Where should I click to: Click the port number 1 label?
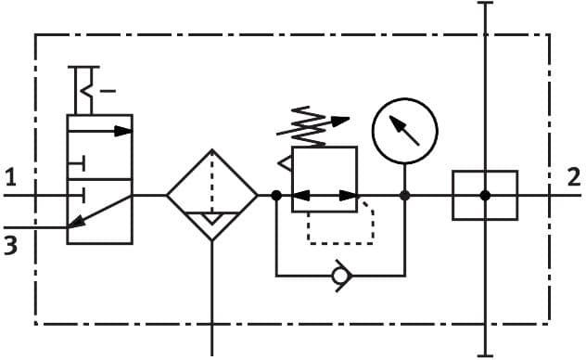point(10,176)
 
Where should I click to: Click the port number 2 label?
point(574,176)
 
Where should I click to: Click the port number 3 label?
point(10,247)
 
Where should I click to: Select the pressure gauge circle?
point(404,130)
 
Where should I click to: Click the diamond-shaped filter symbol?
point(212,196)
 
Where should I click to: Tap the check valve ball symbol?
point(341,275)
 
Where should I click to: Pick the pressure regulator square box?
point(325,179)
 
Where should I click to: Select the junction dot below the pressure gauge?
point(405,196)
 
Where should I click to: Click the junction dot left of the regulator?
point(276,196)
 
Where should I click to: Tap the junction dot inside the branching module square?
point(485,196)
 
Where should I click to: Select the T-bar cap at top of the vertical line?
point(485,4)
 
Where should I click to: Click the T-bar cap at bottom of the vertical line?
point(485,355)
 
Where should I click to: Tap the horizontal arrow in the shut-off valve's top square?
point(111,131)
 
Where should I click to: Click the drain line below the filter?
point(212,297)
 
